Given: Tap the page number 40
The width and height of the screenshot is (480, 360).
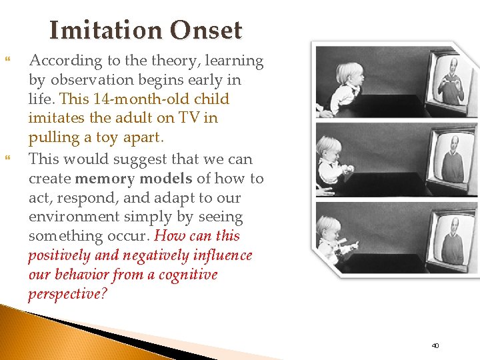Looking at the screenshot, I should pyautogui.click(x=435, y=345).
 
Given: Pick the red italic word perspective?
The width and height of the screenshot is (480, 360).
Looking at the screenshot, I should pyautogui.click(x=67, y=294).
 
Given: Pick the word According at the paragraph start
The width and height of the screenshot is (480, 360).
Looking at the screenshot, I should pyautogui.click(x=60, y=61).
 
